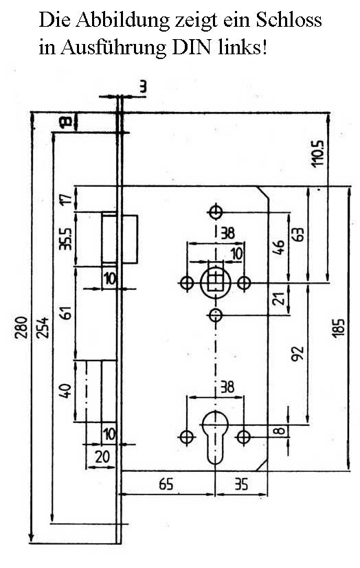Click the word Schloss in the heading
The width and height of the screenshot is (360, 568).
[x=289, y=20]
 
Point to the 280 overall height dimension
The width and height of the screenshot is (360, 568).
[x=21, y=327]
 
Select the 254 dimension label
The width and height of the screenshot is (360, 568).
[x=43, y=327]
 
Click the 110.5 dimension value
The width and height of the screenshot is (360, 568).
[x=319, y=153]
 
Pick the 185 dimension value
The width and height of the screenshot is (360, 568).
[x=339, y=328]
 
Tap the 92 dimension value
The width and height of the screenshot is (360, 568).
[x=298, y=354]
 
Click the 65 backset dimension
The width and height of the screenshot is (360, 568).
[x=166, y=484]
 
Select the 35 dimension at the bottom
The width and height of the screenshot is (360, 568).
[x=241, y=484]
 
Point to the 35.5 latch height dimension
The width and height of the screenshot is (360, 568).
[x=66, y=238]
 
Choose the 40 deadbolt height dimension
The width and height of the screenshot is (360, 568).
[x=65, y=391]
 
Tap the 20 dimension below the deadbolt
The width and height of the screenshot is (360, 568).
[x=102, y=457]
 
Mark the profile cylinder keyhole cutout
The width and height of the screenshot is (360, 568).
[x=216, y=438]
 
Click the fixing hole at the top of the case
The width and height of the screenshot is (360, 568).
[x=216, y=212]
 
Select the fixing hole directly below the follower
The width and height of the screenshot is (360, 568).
[x=216, y=315]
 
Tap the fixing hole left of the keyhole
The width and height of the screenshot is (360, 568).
[x=187, y=438]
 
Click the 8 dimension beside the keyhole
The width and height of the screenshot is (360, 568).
[x=278, y=431]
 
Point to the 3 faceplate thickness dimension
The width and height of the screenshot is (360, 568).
[x=143, y=87]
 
